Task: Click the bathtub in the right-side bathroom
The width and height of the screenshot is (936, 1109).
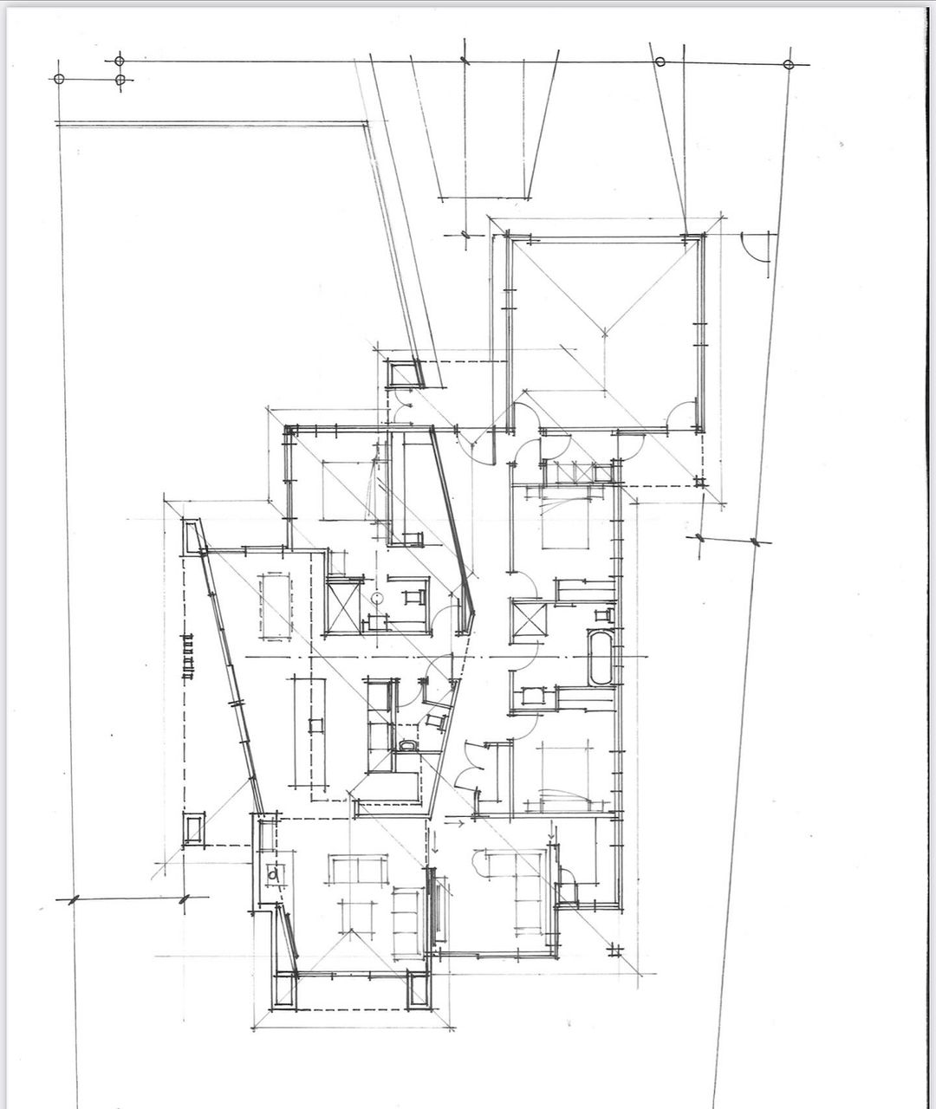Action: click(x=600, y=658)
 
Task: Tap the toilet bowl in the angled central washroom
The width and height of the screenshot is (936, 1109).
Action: click(x=406, y=745)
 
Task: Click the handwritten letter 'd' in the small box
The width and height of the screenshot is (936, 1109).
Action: click(x=275, y=875)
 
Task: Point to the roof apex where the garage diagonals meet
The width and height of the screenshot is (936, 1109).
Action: click(x=604, y=331)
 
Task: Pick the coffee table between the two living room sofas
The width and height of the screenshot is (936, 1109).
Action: click(x=356, y=915)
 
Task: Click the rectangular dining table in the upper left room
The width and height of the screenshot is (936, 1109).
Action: click(x=275, y=606)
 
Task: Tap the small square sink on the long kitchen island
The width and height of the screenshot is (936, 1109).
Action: click(x=315, y=724)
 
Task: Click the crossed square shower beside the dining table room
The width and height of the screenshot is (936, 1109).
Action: click(x=342, y=606)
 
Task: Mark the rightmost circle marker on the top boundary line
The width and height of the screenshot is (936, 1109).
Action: click(x=788, y=65)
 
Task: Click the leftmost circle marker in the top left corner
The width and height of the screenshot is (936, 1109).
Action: click(x=59, y=79)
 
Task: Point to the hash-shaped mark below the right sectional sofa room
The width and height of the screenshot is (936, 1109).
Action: click(x=614, y=951)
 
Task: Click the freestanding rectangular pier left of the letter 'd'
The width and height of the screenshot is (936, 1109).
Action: click(x=194, y=828)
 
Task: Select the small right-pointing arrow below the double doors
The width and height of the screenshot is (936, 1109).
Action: click(x=459, y=823)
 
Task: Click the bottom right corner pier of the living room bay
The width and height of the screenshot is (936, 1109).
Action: click(x=419, y=990)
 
